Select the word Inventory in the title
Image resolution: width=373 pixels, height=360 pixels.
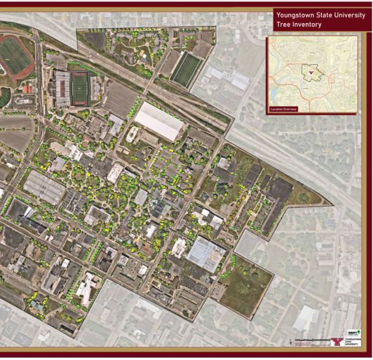point(308,25)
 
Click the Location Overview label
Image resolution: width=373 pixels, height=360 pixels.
point(284,109)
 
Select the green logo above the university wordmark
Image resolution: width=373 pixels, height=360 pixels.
point(354,332)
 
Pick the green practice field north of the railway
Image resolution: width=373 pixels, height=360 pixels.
point(186,69)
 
